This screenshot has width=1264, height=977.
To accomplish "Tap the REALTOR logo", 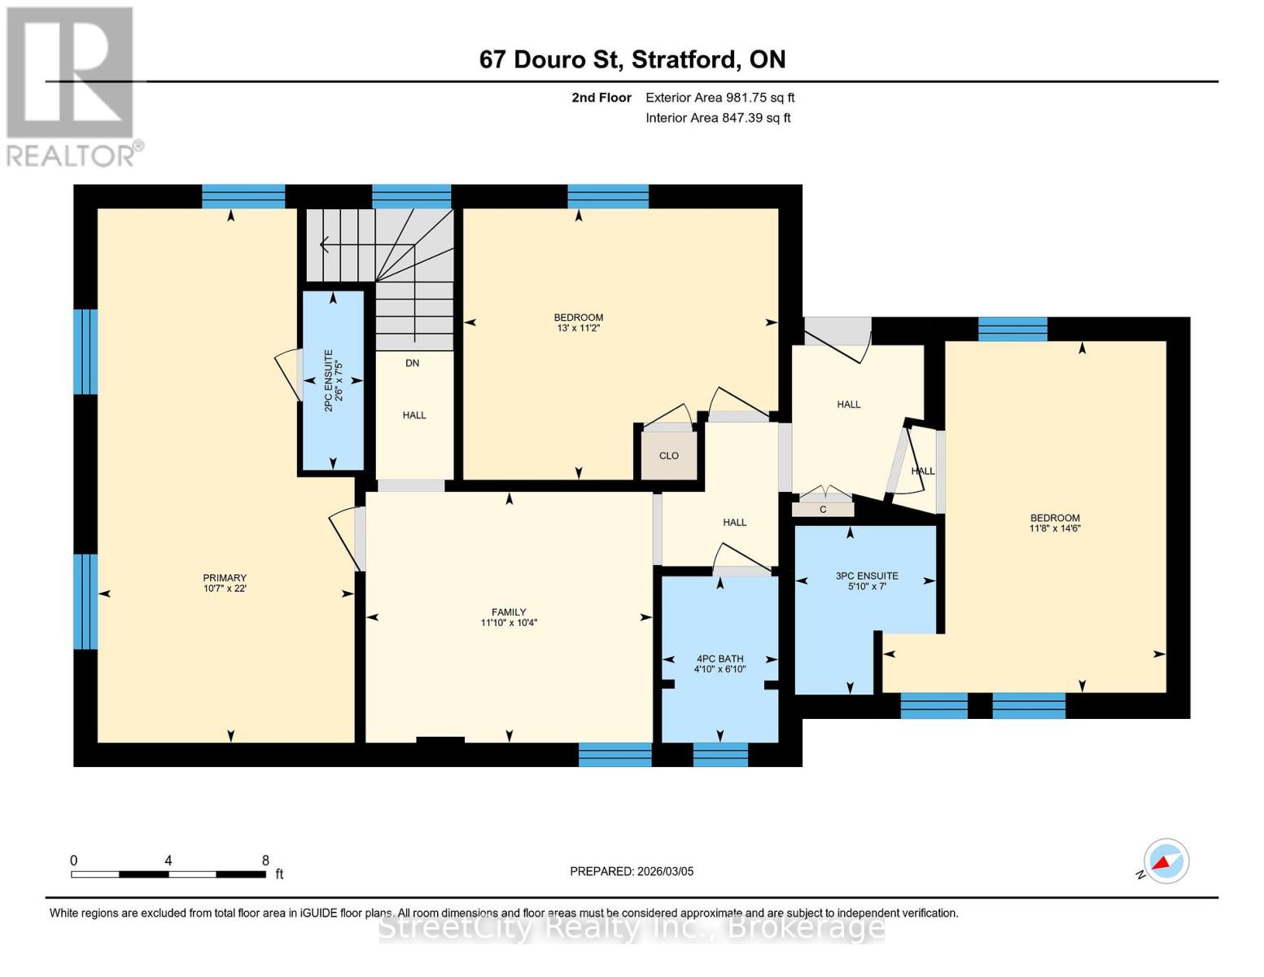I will coord(72,86).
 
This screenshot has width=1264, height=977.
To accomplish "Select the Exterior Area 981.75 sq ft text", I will coord(719,98).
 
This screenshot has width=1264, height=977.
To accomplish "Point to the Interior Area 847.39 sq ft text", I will coord(718,118).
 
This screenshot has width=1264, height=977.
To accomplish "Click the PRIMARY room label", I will coord(225,583).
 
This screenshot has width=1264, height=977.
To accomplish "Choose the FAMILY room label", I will coord(509,617).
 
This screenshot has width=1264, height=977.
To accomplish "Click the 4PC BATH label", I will coord(719,664).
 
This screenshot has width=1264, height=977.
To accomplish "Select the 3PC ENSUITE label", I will coord(867,581).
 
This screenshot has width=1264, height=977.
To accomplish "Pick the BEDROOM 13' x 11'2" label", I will coord(579,322).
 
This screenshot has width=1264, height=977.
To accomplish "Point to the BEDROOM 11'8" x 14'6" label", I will coord(1055,523).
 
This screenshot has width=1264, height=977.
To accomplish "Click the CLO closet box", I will coord(668,456).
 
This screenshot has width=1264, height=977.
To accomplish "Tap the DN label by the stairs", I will coord(413,363).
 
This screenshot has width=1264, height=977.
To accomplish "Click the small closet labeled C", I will coord(823,510).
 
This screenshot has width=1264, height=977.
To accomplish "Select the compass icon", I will coord(1166,861).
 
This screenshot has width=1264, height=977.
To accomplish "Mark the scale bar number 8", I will coord(265,861).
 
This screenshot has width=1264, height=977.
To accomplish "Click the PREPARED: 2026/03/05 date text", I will coord(632,871).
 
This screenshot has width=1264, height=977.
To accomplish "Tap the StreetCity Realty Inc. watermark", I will coord(632,927).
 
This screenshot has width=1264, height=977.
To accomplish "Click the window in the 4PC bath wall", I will coord(720,755).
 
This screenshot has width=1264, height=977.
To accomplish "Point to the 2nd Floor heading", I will coord(601,98).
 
